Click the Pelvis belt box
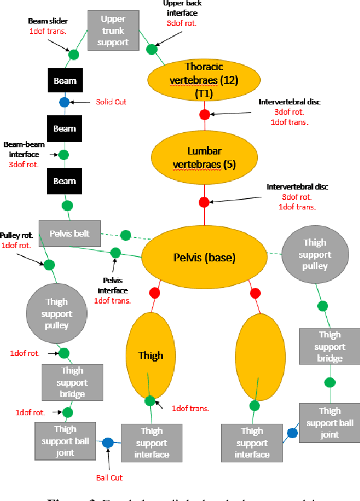click(x=69, y=233)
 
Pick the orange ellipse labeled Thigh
click(x=150, y=356)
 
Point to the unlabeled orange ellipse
click(x=260, y=356)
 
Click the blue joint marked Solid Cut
click(x=64, y=102)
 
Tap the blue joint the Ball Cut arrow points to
click(x=108, y=442)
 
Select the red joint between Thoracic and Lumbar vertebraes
click(x=204, y=114)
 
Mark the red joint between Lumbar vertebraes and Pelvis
click(x=204, y=202)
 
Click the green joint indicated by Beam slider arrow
click(x=74, y=55)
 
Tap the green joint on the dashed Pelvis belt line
click(x=126, y=235)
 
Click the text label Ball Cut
click(x=109, y=477)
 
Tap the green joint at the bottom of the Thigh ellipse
click(x=150, y=400)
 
